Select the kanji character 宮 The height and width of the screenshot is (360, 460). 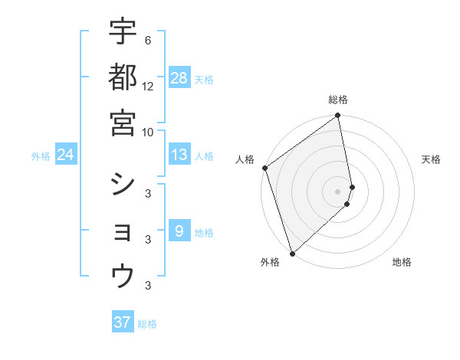click(x=123, y=123)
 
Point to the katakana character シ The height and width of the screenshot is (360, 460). click(x=123, y=185)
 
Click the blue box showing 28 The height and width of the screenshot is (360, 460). click(x=179, y=77)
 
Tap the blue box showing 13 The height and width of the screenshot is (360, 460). click(x=179, y=155)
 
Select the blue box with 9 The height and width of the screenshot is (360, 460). click(x=179, y=231)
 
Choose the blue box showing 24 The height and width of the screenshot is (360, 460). click(x=66, y=155)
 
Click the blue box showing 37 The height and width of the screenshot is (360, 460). click(x=123, y=322)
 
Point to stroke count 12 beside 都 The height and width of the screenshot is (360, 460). click(x=148, y=86)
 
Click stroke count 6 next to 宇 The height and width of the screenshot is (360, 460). click(x=147, y=40)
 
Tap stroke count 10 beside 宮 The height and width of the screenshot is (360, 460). click(x=148, y=132)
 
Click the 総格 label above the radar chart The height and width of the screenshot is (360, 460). click(x=338, y=100)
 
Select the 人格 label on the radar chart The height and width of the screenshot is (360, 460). click(x=245, y=159)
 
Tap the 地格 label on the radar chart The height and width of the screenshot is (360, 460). click(x=402, y=262)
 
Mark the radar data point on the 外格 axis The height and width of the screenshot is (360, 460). click(x=292, y=253)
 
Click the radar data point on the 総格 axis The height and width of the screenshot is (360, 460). click(x=338, y=116)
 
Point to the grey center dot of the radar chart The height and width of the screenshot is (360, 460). click(x=338, y=191)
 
